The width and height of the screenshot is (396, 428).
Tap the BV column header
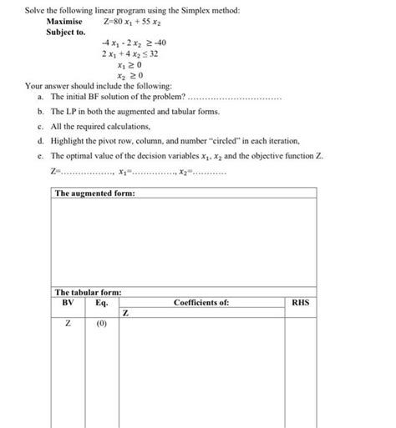click(68, 302)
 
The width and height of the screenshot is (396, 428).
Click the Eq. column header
click(101, 302)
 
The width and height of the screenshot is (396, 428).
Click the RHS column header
click(300, 302)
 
